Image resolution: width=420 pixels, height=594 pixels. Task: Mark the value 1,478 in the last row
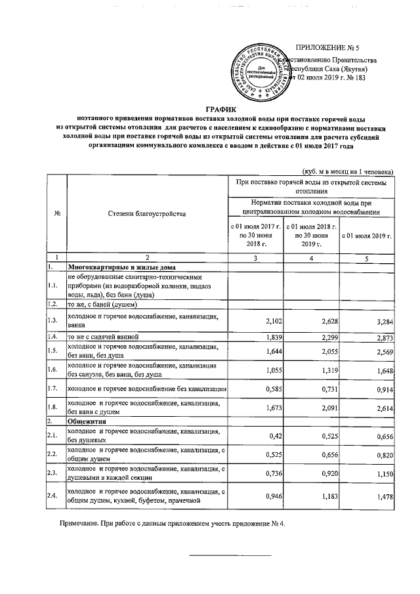point(381,498)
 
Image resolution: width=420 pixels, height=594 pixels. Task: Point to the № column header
point(57,214)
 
